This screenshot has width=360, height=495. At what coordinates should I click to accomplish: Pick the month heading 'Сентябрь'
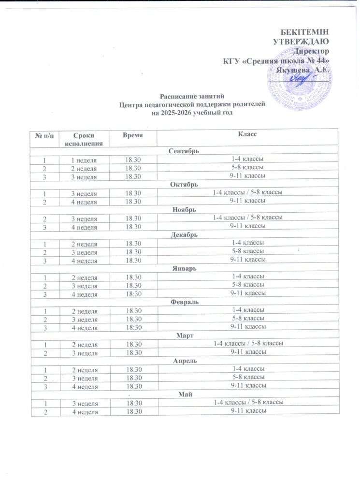point(184,150)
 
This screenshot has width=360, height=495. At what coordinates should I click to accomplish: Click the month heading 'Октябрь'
point(184,184)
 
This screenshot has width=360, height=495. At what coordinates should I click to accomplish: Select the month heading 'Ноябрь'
point(184,210)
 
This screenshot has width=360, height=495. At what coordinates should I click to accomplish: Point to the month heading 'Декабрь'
point(184,235)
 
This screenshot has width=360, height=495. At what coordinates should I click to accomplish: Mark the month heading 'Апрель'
point(184,361)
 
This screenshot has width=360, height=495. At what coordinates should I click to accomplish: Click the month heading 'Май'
point(184,394)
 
